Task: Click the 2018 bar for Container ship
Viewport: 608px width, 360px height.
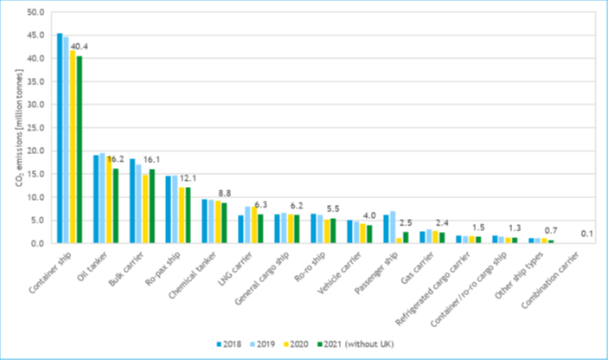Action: tap(60, 138)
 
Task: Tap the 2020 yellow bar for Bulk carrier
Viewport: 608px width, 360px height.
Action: tap(146, 209)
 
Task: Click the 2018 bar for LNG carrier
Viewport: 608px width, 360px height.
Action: tap(240, 229)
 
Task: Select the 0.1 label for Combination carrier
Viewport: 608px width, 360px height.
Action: tap(585, 234)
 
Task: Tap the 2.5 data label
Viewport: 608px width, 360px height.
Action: tap(404, 222)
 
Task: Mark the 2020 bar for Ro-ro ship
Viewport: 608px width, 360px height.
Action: tap(327, 231)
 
